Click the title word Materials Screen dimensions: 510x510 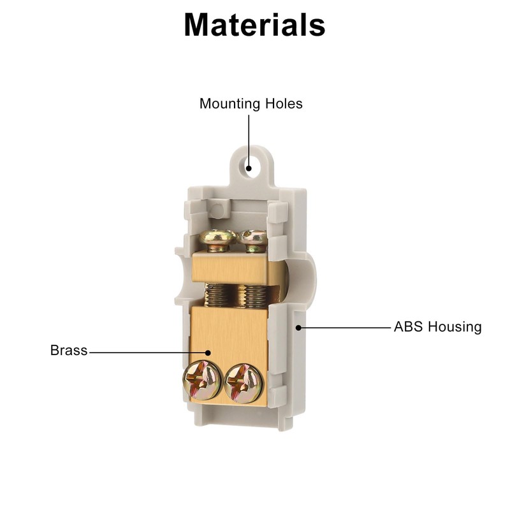click(x=254, y=25)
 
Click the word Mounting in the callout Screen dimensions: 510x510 click(x=230, y=105)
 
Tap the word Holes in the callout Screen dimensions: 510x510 click(x=284, y=104)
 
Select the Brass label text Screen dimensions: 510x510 click(x=69, y=350)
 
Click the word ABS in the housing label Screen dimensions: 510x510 click(x=409, y=327)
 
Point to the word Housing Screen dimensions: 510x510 click(x=455, y=328)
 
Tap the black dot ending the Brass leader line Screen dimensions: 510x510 click(x=208, y=353)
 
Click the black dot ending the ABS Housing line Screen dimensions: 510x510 click(x=298, y=328)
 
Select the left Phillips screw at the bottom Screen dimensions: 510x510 click(x=202, y=380)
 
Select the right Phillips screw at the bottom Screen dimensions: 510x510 click(x=244, y=383)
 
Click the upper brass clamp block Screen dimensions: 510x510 click(x=231, y=267)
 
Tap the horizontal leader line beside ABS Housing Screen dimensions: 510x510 click(x=346, y=328)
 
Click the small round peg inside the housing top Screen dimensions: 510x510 click(x=218, y=208)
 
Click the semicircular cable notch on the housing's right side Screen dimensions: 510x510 click(x=302, y=280)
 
